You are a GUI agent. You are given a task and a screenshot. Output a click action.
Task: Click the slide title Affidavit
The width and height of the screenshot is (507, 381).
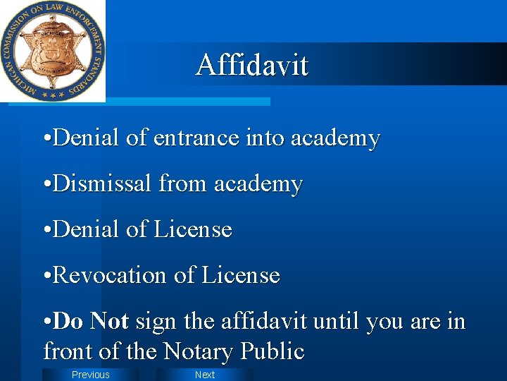click(x=252, y=65)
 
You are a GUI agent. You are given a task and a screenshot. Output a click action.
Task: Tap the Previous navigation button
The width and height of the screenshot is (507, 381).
click(x=91, y=375)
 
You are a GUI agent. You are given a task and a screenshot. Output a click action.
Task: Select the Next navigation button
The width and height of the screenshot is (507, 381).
click(x=205, y=375)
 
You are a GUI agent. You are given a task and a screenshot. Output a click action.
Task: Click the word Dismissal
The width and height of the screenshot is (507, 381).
click(x=103, y=183)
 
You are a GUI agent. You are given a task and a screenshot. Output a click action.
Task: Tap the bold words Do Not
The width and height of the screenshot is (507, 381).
click(x=90, y=321)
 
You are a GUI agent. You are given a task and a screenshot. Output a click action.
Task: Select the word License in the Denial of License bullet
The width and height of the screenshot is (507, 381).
click(x=193, y=229)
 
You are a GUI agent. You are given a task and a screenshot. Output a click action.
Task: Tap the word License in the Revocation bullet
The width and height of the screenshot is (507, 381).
click(x=241, y=275)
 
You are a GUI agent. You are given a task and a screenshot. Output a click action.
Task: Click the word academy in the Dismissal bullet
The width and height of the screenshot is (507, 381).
click(x=258, y=183)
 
